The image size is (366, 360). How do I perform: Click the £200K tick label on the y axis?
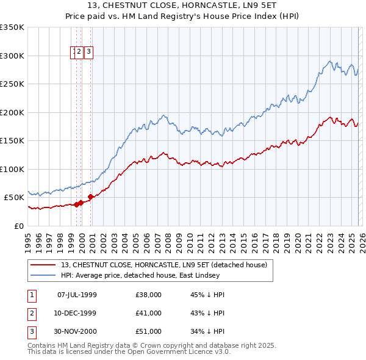point(12,112)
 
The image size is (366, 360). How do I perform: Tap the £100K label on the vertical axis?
point(12,169)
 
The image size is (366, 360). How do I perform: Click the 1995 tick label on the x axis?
point(28,238)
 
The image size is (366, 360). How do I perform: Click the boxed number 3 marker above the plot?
point(88,52)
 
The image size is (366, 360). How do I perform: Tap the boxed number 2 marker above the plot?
point(79,52)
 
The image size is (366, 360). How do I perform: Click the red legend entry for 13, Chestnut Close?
point(163,265)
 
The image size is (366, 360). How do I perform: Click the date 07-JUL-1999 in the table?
point(77,295)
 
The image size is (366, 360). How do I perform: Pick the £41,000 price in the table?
point(149,313)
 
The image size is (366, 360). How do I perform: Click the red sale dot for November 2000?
point(90,196)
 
